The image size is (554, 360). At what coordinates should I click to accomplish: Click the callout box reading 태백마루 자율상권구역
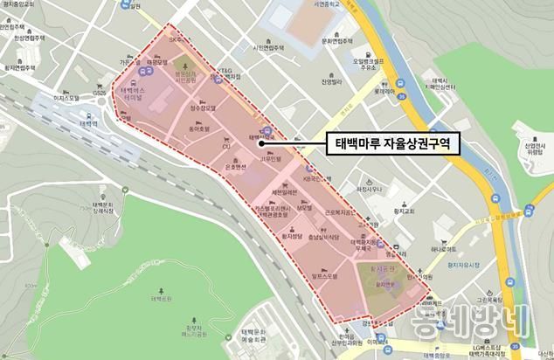(388, 143)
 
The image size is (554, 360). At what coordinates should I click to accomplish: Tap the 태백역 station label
(90, 123)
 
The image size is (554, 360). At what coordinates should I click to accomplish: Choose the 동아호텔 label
(202, 128)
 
